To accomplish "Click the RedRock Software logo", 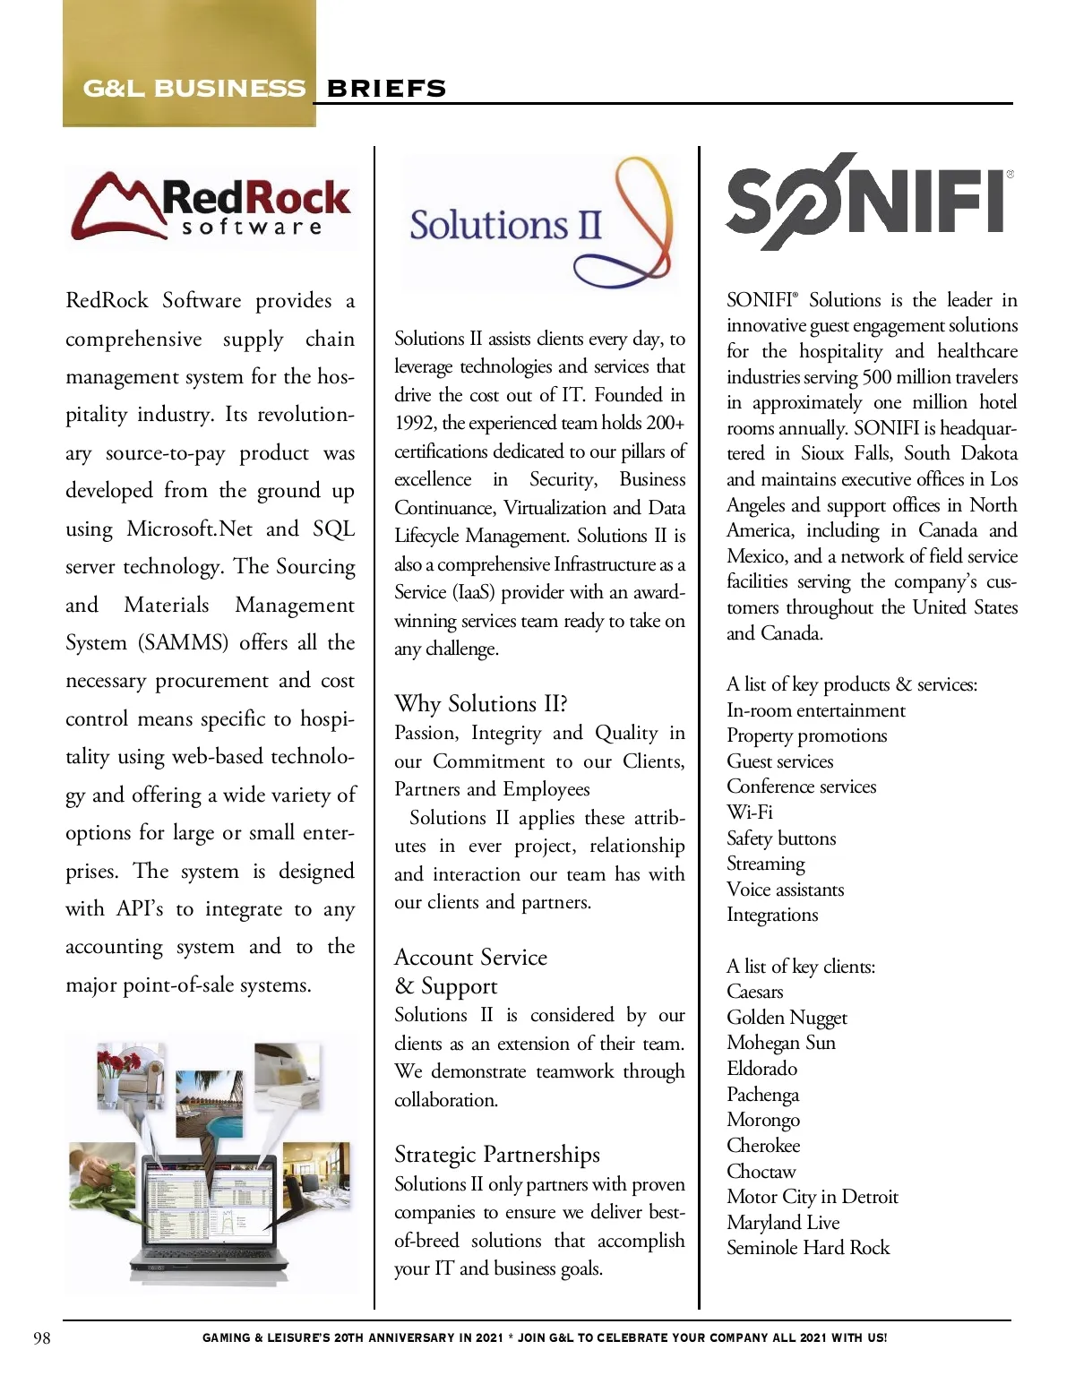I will (x=211, y=206).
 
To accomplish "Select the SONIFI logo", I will (x=867, y=202).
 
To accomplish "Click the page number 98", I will (x=42, y=1338).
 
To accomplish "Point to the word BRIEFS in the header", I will (x=386, y=89).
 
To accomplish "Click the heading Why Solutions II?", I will (x=481, y=703).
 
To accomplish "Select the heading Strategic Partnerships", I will (x=497, y=1154).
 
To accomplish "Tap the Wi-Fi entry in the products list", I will (x=750, y=812).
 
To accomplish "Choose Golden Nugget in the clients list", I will (x=787, y=1018).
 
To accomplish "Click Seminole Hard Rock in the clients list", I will (x=808, y=1248).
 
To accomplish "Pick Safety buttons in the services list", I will (x=781, y=838).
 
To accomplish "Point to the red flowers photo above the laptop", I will (x=130, y=1075).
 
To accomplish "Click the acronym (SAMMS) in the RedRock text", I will (x=184, y=643).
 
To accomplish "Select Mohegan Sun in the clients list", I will (x=781, y=1043).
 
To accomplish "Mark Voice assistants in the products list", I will (x=786, y=890).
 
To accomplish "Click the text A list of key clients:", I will (x=801, y=967).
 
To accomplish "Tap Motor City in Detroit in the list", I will (x=813, y=1197).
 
